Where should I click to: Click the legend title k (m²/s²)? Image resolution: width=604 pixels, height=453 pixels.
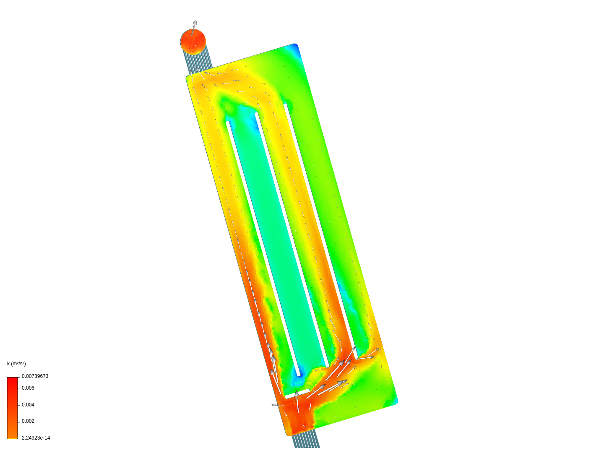coord(16,364)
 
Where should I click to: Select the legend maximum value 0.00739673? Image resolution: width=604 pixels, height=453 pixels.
coord(35,376)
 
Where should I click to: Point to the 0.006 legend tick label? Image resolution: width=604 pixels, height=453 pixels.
coord(28,388)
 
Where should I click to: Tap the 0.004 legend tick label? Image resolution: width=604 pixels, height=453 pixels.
coord(28,405)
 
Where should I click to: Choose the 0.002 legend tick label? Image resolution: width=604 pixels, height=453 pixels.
coord(28,421)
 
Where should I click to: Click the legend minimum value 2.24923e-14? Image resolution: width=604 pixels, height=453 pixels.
coord(36,438)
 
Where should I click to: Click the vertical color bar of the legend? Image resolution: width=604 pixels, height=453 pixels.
coord(13,408)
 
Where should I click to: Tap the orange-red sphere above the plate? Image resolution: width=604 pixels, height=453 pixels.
coord(193,42)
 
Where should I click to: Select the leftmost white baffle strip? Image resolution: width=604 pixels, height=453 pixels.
coord(263,249)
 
